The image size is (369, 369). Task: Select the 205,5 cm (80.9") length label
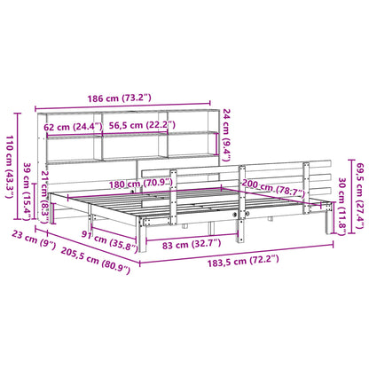point(78,264)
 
